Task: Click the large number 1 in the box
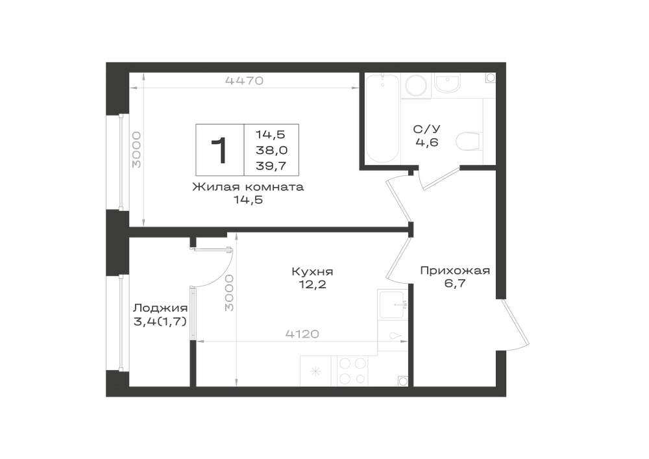tap(219, 151)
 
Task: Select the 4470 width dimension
tap(244, 81)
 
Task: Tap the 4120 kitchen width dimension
tap(302, 334)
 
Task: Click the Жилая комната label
tap(248, 187)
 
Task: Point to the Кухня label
tap(313, 272)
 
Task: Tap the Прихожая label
tap(455, 271)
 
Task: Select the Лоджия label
tap(160, 308)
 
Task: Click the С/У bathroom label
tap(427, 129)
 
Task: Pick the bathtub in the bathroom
tap(382, 118)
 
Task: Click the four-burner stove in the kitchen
tap(353, 371)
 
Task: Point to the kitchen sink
tap(391, 304)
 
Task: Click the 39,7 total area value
tap(271, 166)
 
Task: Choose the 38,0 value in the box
tap(271, 150)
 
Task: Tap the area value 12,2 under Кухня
tap(313, 285)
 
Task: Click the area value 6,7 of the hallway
tap(455, 284)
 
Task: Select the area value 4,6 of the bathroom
tap(427, 142)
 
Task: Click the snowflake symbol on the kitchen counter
tap(316, 371)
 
